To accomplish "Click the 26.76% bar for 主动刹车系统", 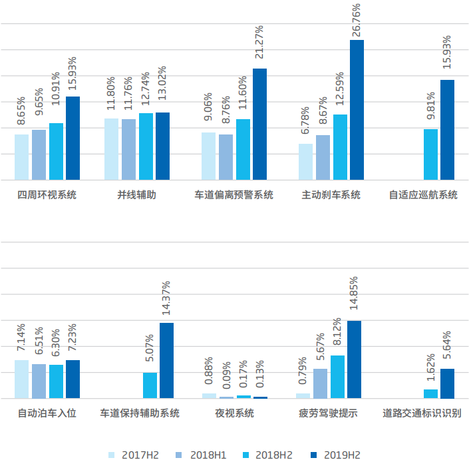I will (x=357, y=110).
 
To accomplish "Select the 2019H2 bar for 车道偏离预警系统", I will (x=259, y=124).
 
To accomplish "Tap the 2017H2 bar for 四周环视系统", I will (x=22, y=157).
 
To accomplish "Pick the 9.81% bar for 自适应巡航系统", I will (x=430, y=154).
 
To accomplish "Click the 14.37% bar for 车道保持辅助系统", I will (x=166, y=361).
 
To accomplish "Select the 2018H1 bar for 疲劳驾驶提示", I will (x=320, y=383).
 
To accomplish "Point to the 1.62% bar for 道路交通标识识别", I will (x=430, y=394).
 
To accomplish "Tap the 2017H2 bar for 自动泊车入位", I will (x=22, y=379).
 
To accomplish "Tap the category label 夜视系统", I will (x=234, y=413).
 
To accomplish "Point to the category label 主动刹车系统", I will (x=331, y=195).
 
